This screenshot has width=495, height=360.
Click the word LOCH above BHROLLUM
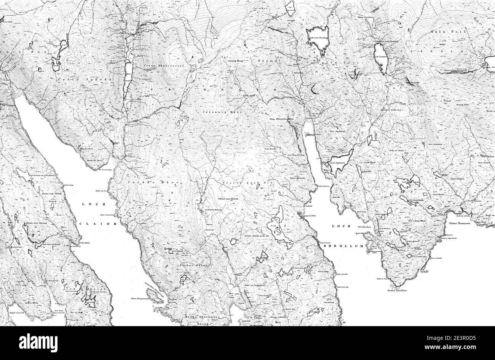(x=338, y=226)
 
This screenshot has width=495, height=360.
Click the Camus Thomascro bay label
(x=460, y=223)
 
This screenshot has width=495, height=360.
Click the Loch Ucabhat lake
(x=381, y=58)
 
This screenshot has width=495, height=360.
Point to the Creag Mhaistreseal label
(x=158, y=66)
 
